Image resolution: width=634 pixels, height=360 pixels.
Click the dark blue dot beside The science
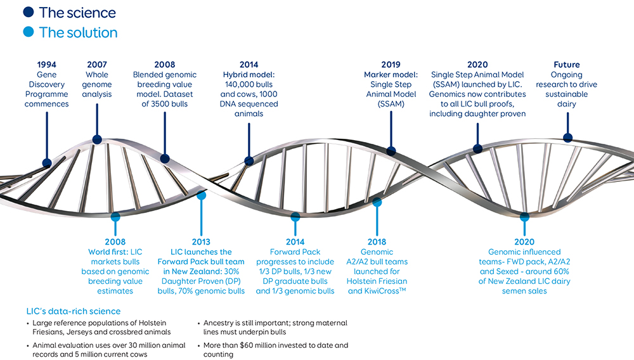[x=29, y=12]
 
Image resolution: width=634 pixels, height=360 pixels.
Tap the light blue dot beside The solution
[x=29, y=32]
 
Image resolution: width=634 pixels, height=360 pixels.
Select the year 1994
[x=46, y=65]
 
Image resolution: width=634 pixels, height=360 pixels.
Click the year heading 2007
[x=97, y=65]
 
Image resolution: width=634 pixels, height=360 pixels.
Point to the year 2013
[x=201, y=242]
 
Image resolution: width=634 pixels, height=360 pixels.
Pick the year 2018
[x=377, y=242]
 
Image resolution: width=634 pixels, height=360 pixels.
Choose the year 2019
[x=391, y=65]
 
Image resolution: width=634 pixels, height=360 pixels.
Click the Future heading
[x=566, y=65]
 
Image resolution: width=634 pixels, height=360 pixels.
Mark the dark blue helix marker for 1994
[x=47, y=164]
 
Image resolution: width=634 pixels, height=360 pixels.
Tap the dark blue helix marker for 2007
[x=97, y=140]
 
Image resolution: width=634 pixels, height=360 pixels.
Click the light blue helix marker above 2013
[x=202, y=196]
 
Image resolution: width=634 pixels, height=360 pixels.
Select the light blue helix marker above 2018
[x=377, y=202]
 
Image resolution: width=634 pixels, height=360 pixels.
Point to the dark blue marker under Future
[x=567, y=138]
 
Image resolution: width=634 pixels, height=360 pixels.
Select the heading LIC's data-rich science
[x=74, y=312]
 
